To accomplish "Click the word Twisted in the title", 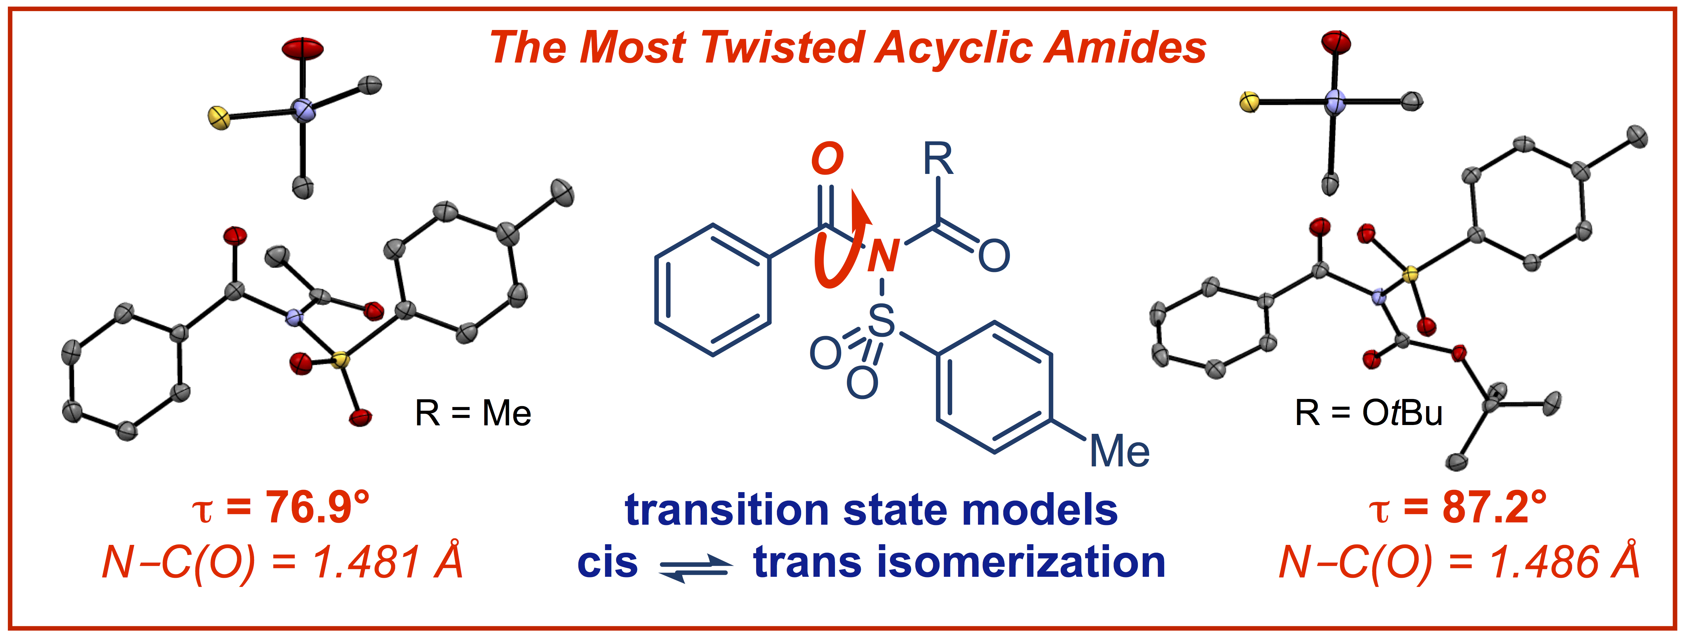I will (x=781, y=48).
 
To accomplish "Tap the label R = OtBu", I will (x=1368, y=413).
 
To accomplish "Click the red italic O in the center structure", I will (x=827, y=159).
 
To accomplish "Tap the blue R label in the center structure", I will (x=938, y=159).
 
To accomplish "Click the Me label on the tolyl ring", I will (x=1119, y=451).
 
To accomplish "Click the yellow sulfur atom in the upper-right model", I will (x=1249, y=103).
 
